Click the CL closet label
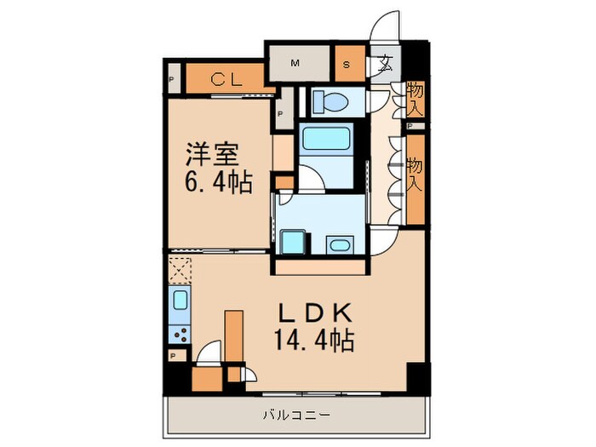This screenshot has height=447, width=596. pyautogui.click(x=224, y=81)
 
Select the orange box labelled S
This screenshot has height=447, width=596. pyautogui.click(x=348, y=63)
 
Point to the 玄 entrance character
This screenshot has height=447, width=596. pyautogui.click(x=386, y=62)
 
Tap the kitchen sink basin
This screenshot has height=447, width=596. pyautogui.click(x=180, y=301)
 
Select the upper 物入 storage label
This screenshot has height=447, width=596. pyautogui.click(x=415, y=98)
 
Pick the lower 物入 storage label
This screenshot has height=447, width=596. pyautogui.click(x=415, y=175)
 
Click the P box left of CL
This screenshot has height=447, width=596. pyautogui.click(x=172, y=82)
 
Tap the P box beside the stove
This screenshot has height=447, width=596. pyautogui.click(x=173, y=356)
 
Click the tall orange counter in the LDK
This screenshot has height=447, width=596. pyautogui.click(x=234, y=337)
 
